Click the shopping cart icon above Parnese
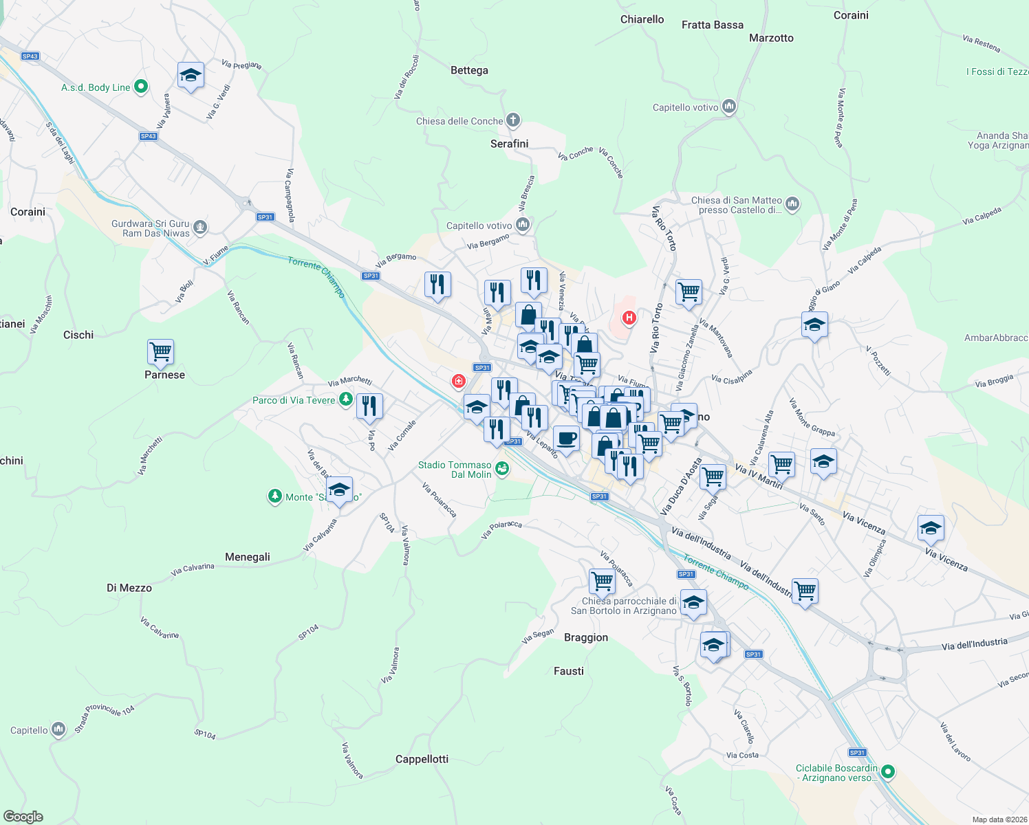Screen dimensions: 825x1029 160,352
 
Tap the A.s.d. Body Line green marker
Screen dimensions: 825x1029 141,87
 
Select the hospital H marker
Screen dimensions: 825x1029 629,318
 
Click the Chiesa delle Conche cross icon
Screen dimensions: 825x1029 513,120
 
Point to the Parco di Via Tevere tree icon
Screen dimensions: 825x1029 346,399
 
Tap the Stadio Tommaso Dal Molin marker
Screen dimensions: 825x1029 502,470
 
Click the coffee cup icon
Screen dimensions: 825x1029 566,438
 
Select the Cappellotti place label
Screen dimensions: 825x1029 422,759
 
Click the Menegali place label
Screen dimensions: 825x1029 248,557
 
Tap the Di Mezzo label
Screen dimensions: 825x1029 129,588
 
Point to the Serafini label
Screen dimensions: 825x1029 510,144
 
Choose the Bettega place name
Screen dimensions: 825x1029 469,70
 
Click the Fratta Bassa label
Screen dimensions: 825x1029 713,25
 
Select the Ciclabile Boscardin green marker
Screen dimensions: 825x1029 888,772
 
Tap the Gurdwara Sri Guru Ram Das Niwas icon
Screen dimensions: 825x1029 200,227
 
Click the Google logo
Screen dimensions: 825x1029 23,817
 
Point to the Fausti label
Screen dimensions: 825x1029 569,671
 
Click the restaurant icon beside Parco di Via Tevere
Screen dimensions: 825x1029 369,406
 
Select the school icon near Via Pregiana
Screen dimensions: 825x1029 191,76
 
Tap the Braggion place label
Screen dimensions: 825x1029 586,637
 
